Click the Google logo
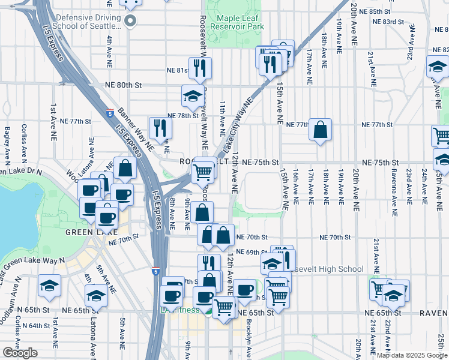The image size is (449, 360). [20, 353]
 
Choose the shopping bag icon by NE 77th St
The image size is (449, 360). [321, 130]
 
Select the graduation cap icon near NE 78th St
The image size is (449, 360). [193, 96]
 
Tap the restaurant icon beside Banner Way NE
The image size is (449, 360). [160, 127]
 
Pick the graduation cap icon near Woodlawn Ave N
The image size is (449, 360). [49, 286]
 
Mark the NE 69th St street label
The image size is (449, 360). [253, 252]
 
